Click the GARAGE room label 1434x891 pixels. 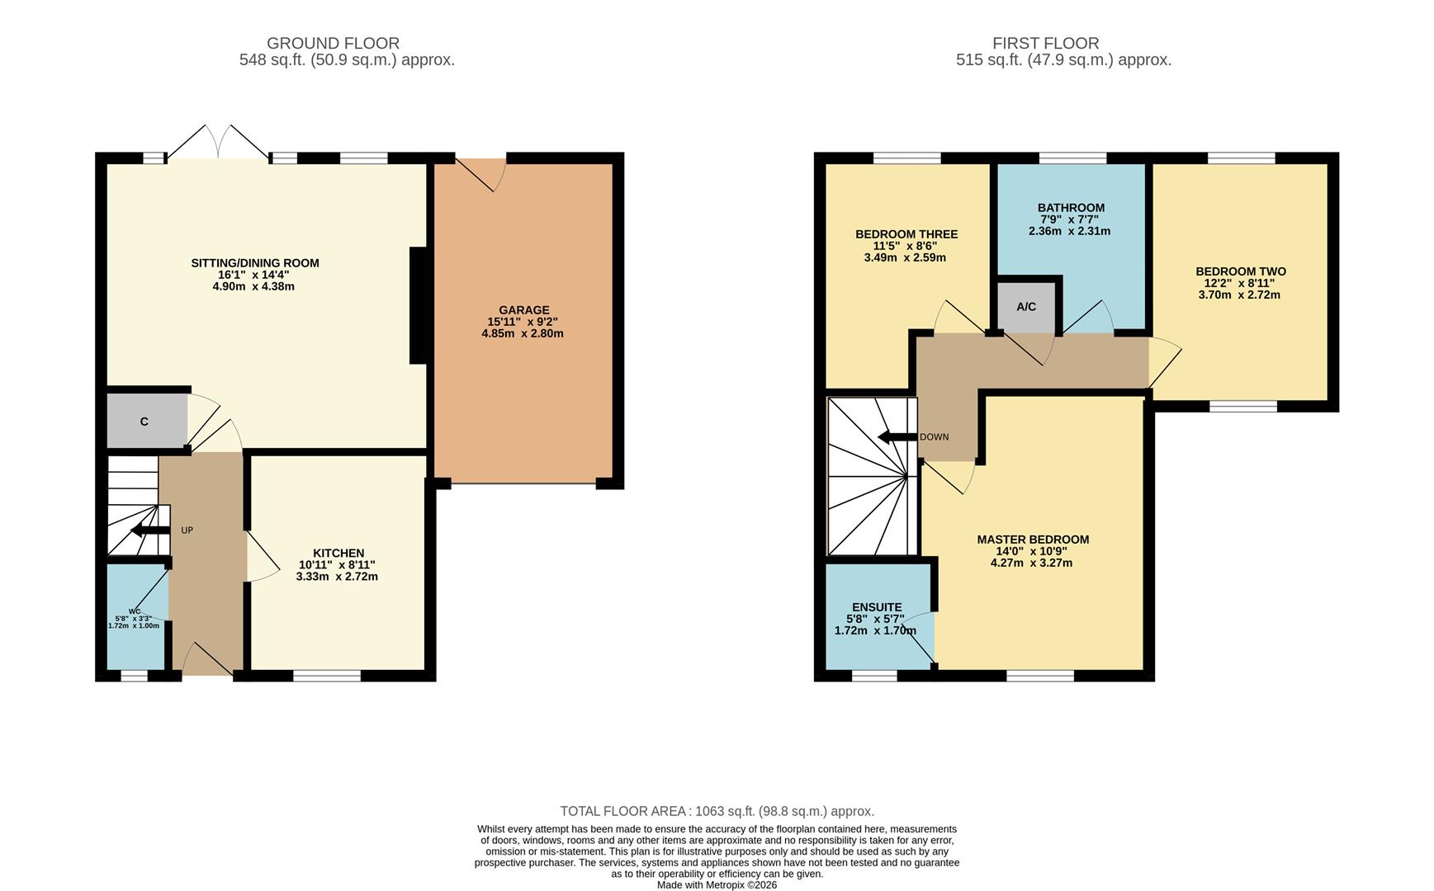pyautogui.click(x=523, y=310)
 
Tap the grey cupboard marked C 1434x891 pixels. pyautogui.click(x=145, y=422)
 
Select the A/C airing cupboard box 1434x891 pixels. pyautogui.click(x=1026, y=307)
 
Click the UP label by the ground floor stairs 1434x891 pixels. pyautogui.click(x=187, y=530)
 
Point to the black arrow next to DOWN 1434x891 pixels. pyautogui.click(x=897, y=437)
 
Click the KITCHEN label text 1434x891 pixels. pyautogui.click(x=338, y=553)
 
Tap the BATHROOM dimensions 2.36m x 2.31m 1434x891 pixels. pyautogui.click(x=1069, y=232)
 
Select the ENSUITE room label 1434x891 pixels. pyautogui.click(x=877, y=607)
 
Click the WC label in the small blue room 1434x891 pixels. pyautogui.click(x=134, y=611)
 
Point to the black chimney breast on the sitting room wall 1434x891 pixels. pyautogui.click(x=419, y=305)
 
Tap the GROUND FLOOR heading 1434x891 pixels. pyautogui.click(x=333, y=43)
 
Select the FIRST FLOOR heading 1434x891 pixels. pyautogui.click(x=1045, y=43)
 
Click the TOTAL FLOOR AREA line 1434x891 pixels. pyautogui.click(x=717, y=811)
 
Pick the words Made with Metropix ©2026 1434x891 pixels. pyautogui.click(x=717, y=884)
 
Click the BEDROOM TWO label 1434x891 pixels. pyautogui.click(x=1240, y=271)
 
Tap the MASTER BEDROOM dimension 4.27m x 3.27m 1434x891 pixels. pyautogui.click(x=1031, y=563)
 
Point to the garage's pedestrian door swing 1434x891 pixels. pyautogui.click(x=483, y=174)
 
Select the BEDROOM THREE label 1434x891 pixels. pyautogui.click(x=906, y=234)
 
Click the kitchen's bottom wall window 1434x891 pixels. pyautogui.click(x=327, y=676)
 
